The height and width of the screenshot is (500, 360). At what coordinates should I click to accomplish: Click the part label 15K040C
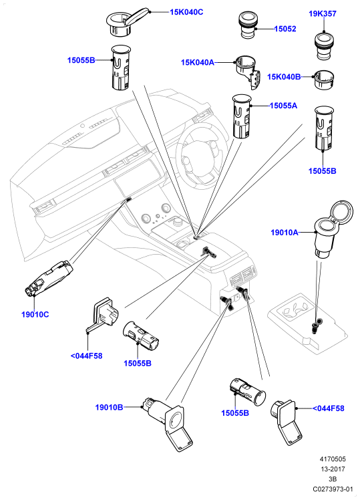click(x=186, y=12)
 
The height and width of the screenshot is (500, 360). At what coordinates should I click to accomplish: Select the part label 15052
click(x=285, y=29)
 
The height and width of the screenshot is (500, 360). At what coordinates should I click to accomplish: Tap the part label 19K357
click(x=323, y=14)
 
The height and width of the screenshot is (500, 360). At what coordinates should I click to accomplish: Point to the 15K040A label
click(x=198, y=62)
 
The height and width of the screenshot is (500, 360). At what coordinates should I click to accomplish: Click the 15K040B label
click(x=284, y=77)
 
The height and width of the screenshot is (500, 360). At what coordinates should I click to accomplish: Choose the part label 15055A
click(x=284, y=106)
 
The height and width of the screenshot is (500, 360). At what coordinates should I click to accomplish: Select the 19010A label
click(x=285, y=233)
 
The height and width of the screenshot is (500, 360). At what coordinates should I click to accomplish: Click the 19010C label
click(x=35, y=314)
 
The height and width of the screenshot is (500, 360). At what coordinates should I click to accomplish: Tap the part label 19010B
click(x=109, y=407)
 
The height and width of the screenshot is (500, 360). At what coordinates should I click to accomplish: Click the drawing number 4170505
click(x=333, y=459)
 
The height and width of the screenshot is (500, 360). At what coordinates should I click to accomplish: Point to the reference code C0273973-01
click(x=333, y=489)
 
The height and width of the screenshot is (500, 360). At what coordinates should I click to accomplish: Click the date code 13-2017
click(x=333, y=469)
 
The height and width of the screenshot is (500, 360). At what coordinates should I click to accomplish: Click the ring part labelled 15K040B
click(x=323, y=80)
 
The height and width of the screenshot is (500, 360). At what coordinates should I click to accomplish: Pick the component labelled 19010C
click(x=49, y=278)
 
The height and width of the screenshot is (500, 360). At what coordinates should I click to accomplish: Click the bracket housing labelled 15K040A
click(x=248, y=72)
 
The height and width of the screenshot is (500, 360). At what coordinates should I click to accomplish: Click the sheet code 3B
click(x=333, y=479)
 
